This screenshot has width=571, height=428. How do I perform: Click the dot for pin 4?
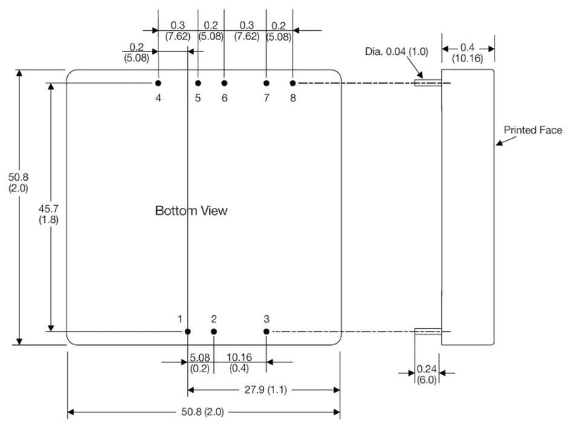[x=158, y=84]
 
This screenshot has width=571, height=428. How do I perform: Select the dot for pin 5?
[x=198, y=84]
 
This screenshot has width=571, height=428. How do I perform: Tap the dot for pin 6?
[x=224, y=84]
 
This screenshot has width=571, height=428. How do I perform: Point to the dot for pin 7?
[x=266, y=84]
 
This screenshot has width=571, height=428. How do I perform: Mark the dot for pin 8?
[x=293, y=84]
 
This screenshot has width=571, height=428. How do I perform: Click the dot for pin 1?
[x=188, y=332]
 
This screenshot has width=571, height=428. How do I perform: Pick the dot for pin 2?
[x=213, y=332]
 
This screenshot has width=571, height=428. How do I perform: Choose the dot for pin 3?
[x=266, y=332]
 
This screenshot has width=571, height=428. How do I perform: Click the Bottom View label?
[x=191, y=211]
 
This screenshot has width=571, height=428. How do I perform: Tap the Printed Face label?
[x=532, y=130]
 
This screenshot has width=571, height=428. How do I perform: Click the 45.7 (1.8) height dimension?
[x=49, y=214]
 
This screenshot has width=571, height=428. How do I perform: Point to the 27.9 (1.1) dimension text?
[x=263, y=390]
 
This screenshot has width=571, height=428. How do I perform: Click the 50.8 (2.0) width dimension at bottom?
[x=203, y=413]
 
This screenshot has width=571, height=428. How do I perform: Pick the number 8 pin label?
[x=293, y=98]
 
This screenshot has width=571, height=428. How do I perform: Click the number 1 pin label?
[x=181, y=319]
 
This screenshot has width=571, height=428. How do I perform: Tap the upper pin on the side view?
[x=428, y=83]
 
